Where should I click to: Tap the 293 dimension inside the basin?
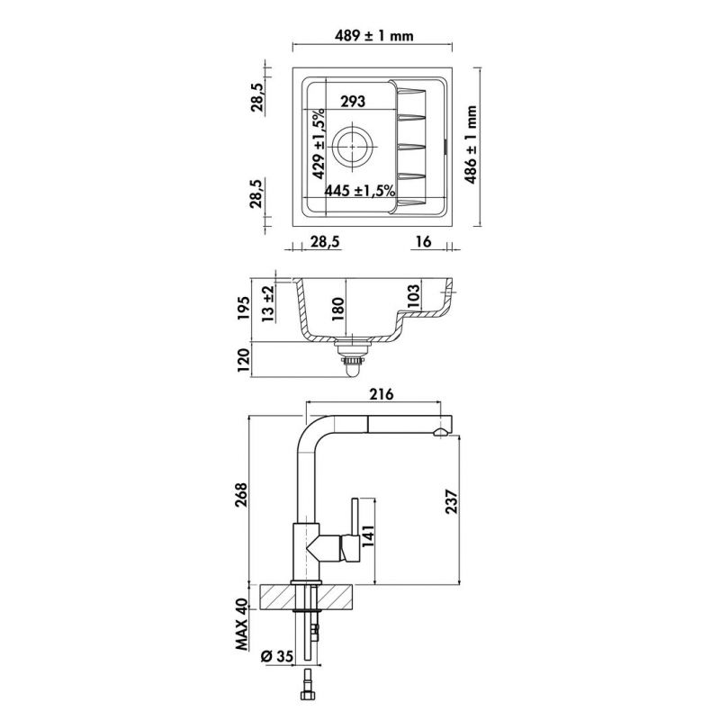pyautogui.click(x=352, y=103)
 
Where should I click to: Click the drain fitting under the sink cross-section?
pyautogui.click(x=352, y=358)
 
